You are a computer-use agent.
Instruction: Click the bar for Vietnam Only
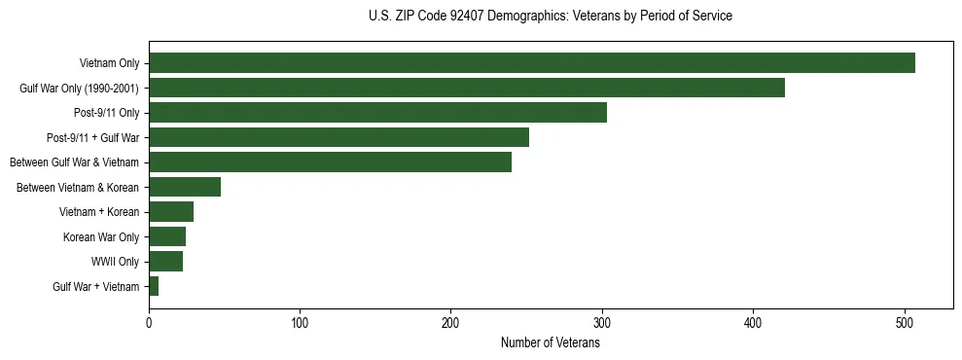pos(531,63)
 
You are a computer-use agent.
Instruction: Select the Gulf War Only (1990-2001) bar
pos(466,88)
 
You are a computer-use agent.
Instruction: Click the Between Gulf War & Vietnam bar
pos(330,162)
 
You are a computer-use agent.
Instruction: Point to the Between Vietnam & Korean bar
pos(185,187)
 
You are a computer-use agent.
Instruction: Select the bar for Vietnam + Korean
pos(171,212)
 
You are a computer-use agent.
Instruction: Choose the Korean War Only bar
pos(167,236)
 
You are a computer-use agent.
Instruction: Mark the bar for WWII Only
pos(165,262)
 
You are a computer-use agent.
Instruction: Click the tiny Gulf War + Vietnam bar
pos(154,286)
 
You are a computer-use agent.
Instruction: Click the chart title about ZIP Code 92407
pos(551,17)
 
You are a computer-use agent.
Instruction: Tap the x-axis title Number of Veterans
pos(551,343)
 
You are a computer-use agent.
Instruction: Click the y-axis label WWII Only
pos(115,262)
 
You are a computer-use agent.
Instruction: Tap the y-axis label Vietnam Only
pos(109,63)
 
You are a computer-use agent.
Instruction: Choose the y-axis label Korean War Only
pos(101,236)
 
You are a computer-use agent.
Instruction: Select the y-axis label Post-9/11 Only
pos(106,113)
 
